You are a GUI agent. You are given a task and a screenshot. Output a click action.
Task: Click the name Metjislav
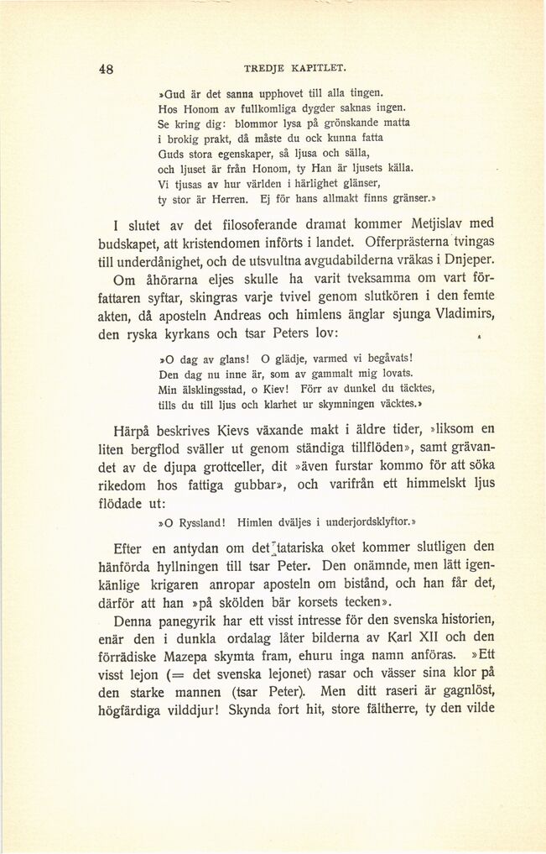click(425, 225)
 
